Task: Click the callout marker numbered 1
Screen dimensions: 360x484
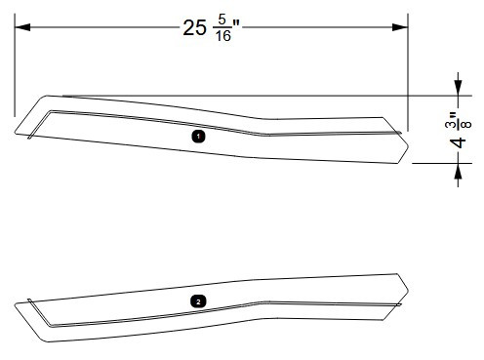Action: pyautogui.click(x=198, y=138)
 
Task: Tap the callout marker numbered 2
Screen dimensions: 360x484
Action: pyautogui.click(x=199, y=302)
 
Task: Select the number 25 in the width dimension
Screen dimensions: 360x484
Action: pyautogui.click(x=195, y=27)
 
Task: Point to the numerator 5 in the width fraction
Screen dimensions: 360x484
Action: pyautogui.click(x=222, y=20)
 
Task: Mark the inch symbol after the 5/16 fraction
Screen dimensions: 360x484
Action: pyautogui.click(x=237, y=23)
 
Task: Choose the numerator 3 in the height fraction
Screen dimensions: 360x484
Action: pyautogui.click(x=451, y=124)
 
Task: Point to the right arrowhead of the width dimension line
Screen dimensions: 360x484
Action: pyautogui.click(x=400, y=26)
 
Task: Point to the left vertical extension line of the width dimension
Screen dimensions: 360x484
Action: pyautogui.click(x=15, y=68)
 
